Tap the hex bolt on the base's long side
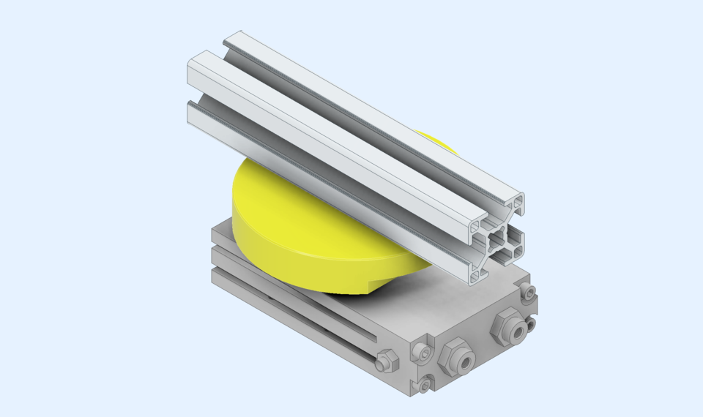387,360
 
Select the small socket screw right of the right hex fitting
531,323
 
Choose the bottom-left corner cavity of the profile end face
478,276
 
